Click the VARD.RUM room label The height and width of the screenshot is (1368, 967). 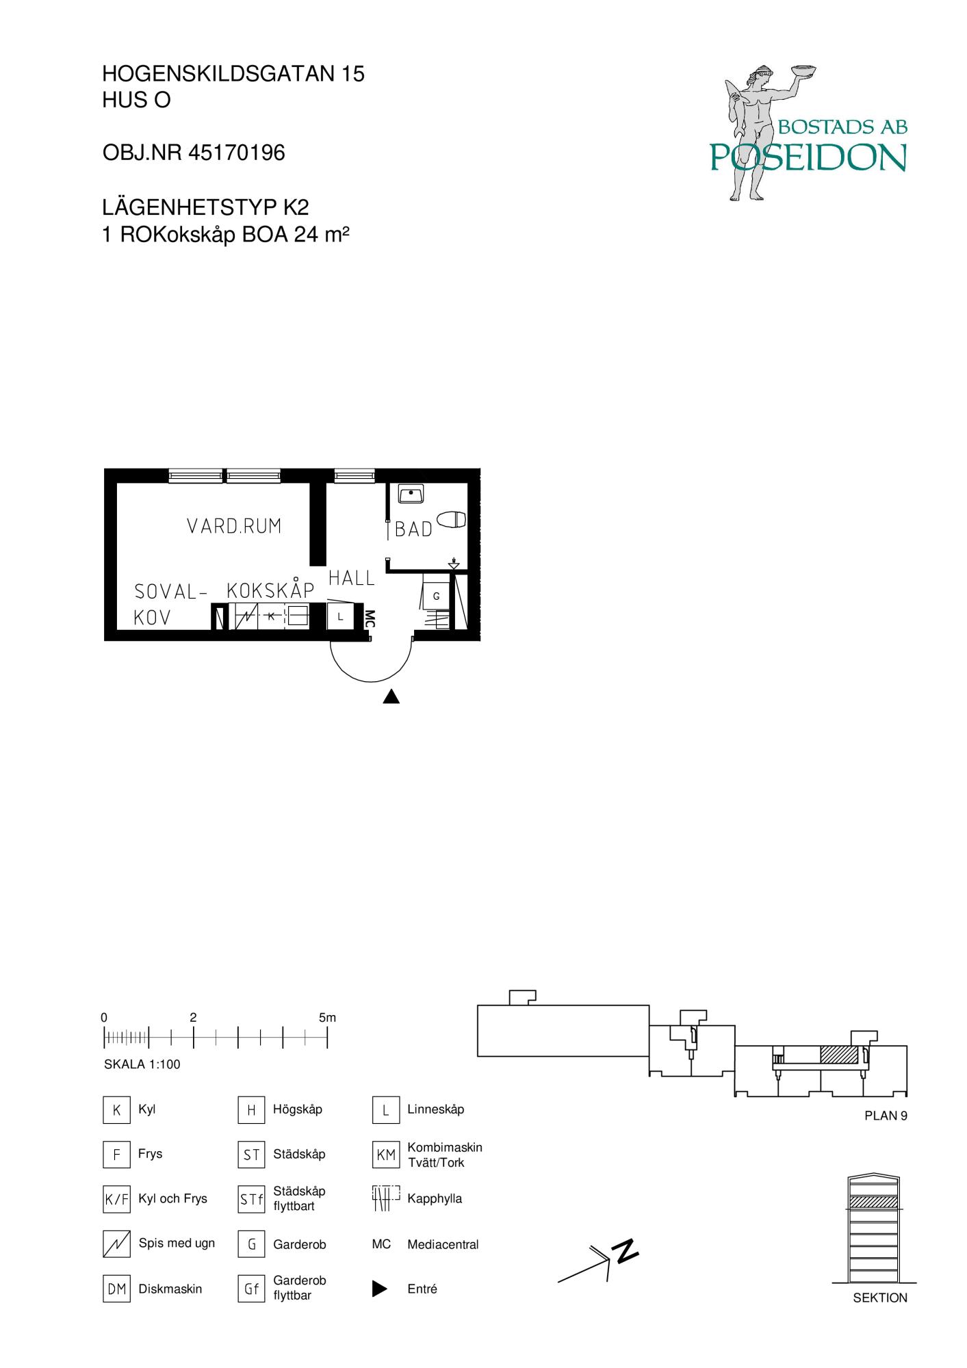(234, 526)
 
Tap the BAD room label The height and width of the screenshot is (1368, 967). (414, 529)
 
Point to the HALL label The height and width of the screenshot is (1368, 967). (352, 578)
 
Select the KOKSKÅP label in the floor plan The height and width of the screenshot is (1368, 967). (270, 590)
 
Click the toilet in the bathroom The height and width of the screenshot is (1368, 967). (452, 520)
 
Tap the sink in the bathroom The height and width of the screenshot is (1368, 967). (411, 493)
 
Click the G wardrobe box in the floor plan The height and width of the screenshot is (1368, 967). (437, 596)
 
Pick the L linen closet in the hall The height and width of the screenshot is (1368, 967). (340, 617)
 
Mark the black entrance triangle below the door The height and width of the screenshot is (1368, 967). (391, 696)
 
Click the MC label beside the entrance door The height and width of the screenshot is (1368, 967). (370, 618)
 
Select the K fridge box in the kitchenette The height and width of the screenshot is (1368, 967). (271, 616)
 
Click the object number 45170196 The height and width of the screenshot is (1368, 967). (236, 153)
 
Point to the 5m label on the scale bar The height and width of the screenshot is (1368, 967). (327, 1018)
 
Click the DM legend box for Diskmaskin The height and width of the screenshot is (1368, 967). (116, 1289)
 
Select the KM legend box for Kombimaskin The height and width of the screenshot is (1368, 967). (386, 1155)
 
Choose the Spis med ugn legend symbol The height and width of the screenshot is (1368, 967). (116, 1244)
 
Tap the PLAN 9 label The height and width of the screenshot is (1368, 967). (886, 1116)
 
